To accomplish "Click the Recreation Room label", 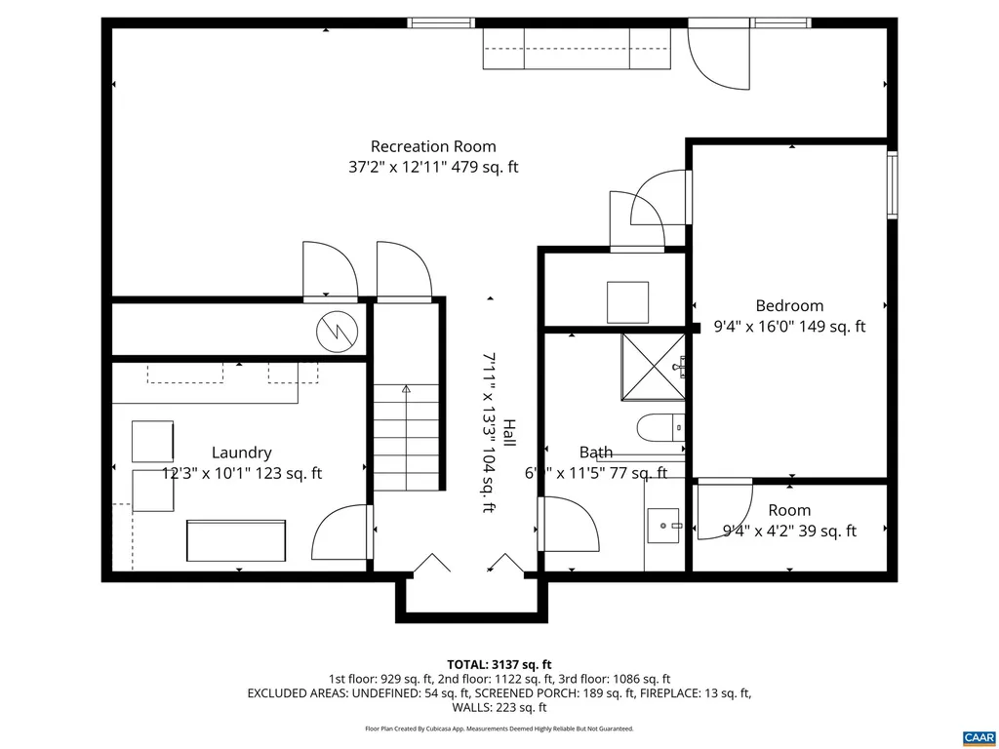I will coord(433,146).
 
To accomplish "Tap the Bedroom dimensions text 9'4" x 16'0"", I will coord(790,328).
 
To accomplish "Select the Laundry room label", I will coord(241,453).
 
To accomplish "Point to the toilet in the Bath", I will coord(660,427).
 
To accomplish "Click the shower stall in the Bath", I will coord(653,368).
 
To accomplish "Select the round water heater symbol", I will coord(338,331).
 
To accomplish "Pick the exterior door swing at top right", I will coord(717,57).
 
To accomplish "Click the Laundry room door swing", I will coord(341,534).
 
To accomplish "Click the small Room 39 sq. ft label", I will coord(789,510).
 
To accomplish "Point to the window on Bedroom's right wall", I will coord(892,183).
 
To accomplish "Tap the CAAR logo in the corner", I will coord(977,736).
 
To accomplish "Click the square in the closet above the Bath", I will coord(627,302).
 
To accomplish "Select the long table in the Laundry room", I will coord(236,539).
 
